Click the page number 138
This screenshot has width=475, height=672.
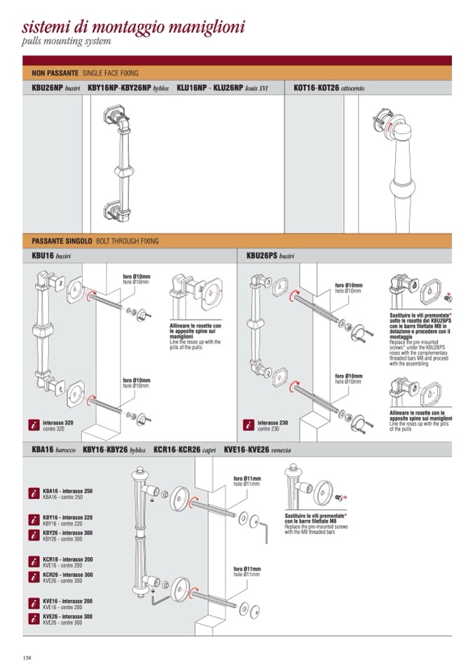(x=27, y=657)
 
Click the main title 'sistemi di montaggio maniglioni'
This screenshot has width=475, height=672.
(x=133, y=27)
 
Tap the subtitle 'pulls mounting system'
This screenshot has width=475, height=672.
(x=67, y=43)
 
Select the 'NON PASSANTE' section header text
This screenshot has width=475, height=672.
(x=55, y=73)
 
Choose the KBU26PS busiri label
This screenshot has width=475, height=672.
(x=270, y=257)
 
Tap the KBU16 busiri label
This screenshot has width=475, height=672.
(x=52, y=257)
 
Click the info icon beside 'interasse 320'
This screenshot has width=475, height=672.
(x=34, y=425)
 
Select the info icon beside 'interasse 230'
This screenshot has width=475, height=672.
(x=248, y=425)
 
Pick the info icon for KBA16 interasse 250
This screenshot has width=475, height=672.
(x=34, y=493)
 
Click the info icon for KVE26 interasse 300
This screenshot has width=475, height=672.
(x=34, y=619)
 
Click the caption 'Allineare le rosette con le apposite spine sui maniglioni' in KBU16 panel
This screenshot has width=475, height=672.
(x=195, y=329)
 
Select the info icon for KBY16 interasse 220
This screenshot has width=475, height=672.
(x=34, y=519)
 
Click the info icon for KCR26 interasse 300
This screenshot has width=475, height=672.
(x=34, y=577)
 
